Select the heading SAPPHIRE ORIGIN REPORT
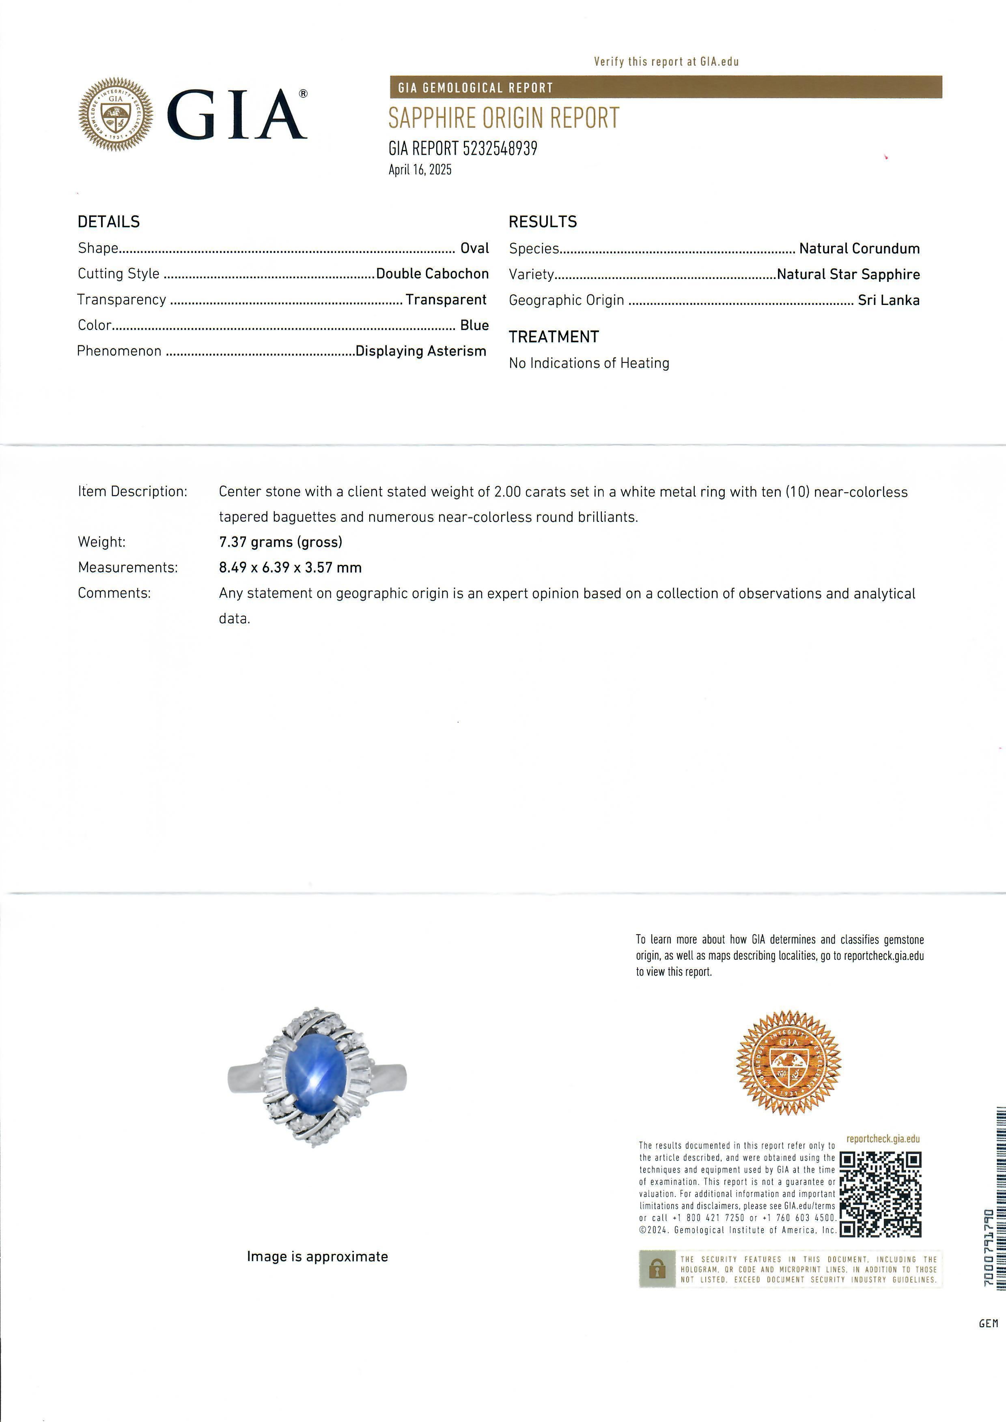pos(503,118)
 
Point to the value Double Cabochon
pos(432,274)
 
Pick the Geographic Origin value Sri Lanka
pos(888,300)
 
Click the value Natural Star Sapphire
pos(848,275)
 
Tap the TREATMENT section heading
pos(554,337)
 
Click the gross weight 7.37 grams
pos(280,542)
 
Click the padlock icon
pos(657,1270)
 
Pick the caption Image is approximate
pos(317,1257)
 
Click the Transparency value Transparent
pos(446,300)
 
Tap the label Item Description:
pos(132,492)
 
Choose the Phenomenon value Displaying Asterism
pos(420,351)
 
